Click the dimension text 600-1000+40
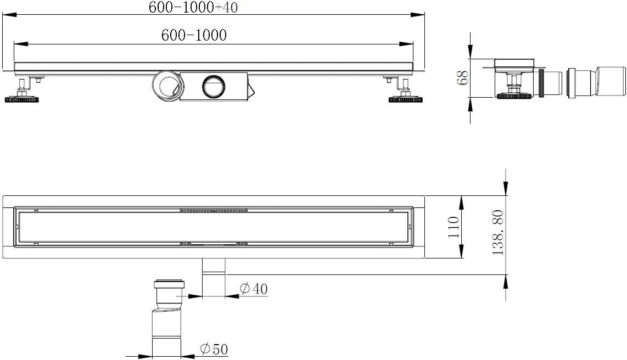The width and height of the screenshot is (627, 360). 193,7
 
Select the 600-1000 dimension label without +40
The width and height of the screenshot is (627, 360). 194,35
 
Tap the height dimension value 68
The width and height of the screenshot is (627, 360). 463,77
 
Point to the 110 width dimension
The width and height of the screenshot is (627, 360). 454,227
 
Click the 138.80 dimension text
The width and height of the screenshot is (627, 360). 498,233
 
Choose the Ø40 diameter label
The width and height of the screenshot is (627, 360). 254,289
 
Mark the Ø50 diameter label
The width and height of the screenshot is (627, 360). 214,349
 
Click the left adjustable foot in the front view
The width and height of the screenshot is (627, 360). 23,91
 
